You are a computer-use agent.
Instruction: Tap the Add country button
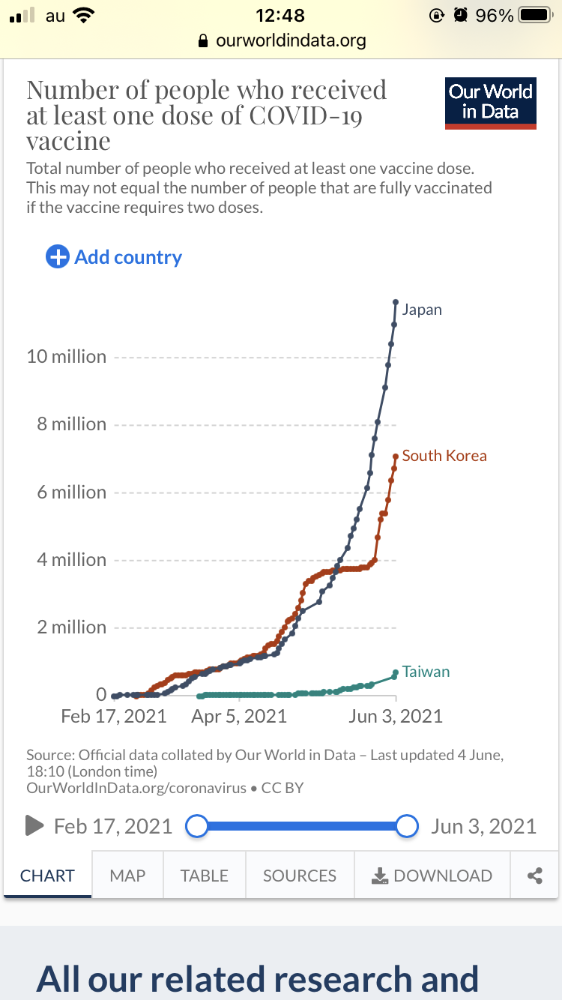(115, 257)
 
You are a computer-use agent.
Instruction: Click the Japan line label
(422, 310)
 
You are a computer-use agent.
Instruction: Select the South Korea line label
(444, 456)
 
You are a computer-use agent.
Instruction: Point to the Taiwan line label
(426, 672)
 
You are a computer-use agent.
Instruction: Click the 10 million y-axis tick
(67, 357)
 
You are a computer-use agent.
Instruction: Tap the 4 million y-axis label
(72, 560)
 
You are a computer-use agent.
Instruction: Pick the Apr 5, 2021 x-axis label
(239, 717)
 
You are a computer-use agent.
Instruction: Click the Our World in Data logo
(491, 103)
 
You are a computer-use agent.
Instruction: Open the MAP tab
(127, 876)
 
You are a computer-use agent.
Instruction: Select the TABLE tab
(204, 876)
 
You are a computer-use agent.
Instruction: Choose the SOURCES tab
(300, 876)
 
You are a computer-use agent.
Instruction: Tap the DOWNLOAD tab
(432, 876)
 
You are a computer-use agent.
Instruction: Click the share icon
(535, 876)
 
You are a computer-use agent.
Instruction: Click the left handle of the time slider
(196, 826)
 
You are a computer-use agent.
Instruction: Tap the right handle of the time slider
(406, 826)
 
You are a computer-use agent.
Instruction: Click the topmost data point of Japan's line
(396, 302)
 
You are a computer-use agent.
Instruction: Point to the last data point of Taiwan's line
(396, 672)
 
